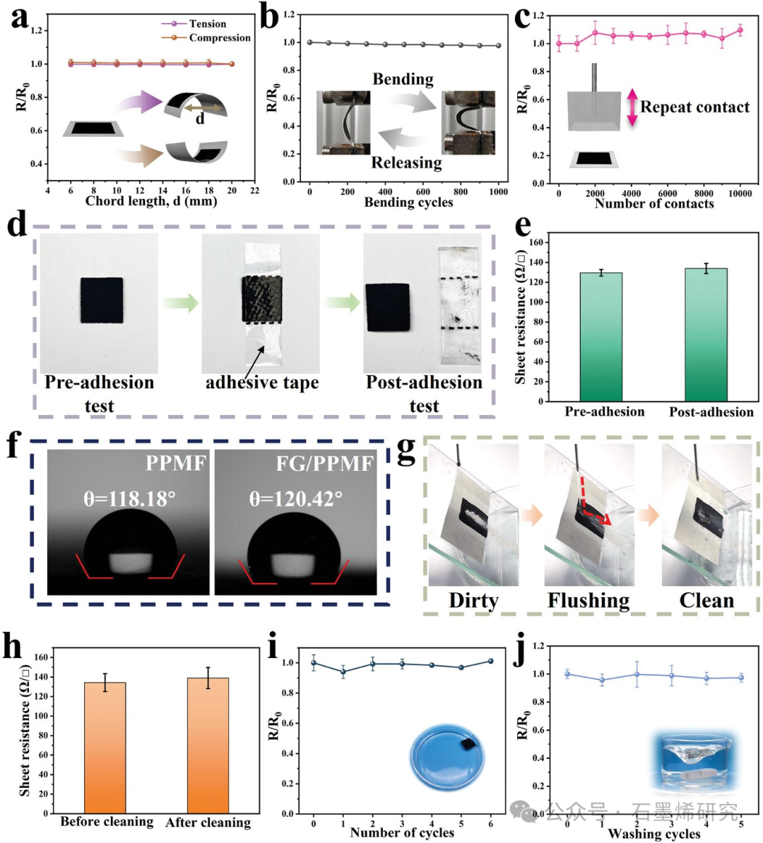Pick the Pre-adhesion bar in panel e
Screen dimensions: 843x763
(x=601, y=336)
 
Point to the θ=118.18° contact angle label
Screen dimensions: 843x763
(x=129, y=499)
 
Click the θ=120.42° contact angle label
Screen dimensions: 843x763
(x=296, y=499)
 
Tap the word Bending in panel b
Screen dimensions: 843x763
(x=403, y=79)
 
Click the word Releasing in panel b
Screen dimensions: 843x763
(x=406, y=163)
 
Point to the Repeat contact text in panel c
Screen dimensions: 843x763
(x=694, y=107)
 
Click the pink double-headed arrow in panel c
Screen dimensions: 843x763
(x=632, y=107)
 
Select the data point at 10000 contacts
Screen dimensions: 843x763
(x=740, y=30)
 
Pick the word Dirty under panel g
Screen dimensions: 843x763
(x=473, y=601)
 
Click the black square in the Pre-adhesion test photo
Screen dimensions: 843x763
(x=101, y=300)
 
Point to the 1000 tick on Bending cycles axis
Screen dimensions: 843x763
(x=498, y=191)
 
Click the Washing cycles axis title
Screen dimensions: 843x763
(x=653, y=835)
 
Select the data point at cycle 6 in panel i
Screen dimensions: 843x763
(x=490, y=662)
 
